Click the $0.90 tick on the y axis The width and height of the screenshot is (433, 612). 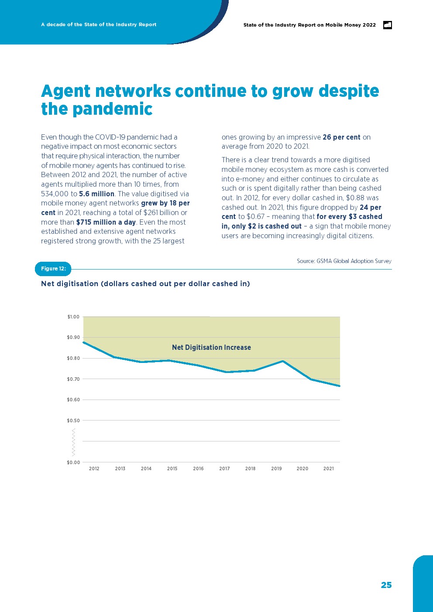coord(73,337)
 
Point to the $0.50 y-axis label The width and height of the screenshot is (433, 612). coord(73,421)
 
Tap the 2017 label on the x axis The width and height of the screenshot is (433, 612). coord(224,468)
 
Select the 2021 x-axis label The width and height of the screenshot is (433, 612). coord(329,468)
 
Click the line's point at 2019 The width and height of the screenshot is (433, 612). coord(283,361)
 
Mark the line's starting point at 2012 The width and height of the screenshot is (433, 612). coord(83,342)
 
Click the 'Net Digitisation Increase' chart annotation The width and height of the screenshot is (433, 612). coord(211,348)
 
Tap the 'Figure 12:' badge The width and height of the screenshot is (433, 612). coord(53,269)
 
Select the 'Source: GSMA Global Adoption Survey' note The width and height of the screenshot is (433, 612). coord(344,261)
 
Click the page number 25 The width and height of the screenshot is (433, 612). coord(386,585)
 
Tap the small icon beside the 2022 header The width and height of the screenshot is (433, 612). coord(387,25)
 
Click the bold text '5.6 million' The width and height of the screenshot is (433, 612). coord(96,194)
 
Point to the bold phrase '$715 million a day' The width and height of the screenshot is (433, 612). coord(106,222)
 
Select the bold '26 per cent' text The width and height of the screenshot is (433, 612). coord(341,137)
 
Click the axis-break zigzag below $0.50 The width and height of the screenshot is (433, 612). coord(73,441)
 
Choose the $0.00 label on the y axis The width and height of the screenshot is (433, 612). coord(73,462)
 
